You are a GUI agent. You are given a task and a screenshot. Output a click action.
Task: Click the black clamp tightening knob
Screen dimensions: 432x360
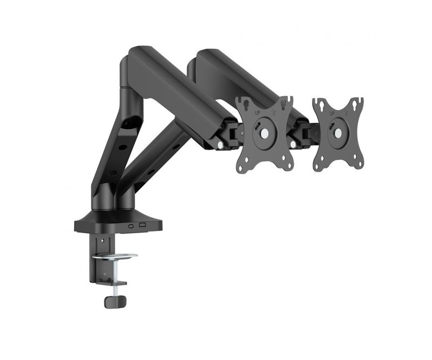[x=115, y=302]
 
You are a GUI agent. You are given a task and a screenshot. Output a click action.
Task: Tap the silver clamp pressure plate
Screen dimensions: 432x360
[x=115, y=256]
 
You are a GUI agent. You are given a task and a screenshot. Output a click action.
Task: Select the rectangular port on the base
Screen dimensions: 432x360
[x=143, y=225]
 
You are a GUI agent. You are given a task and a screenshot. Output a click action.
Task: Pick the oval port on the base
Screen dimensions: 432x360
[x=131, y=226]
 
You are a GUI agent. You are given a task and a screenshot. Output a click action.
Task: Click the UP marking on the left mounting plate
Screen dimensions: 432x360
[x=258, y=113]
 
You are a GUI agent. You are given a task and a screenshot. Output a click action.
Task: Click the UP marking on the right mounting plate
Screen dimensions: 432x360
[x=332, y=113]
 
